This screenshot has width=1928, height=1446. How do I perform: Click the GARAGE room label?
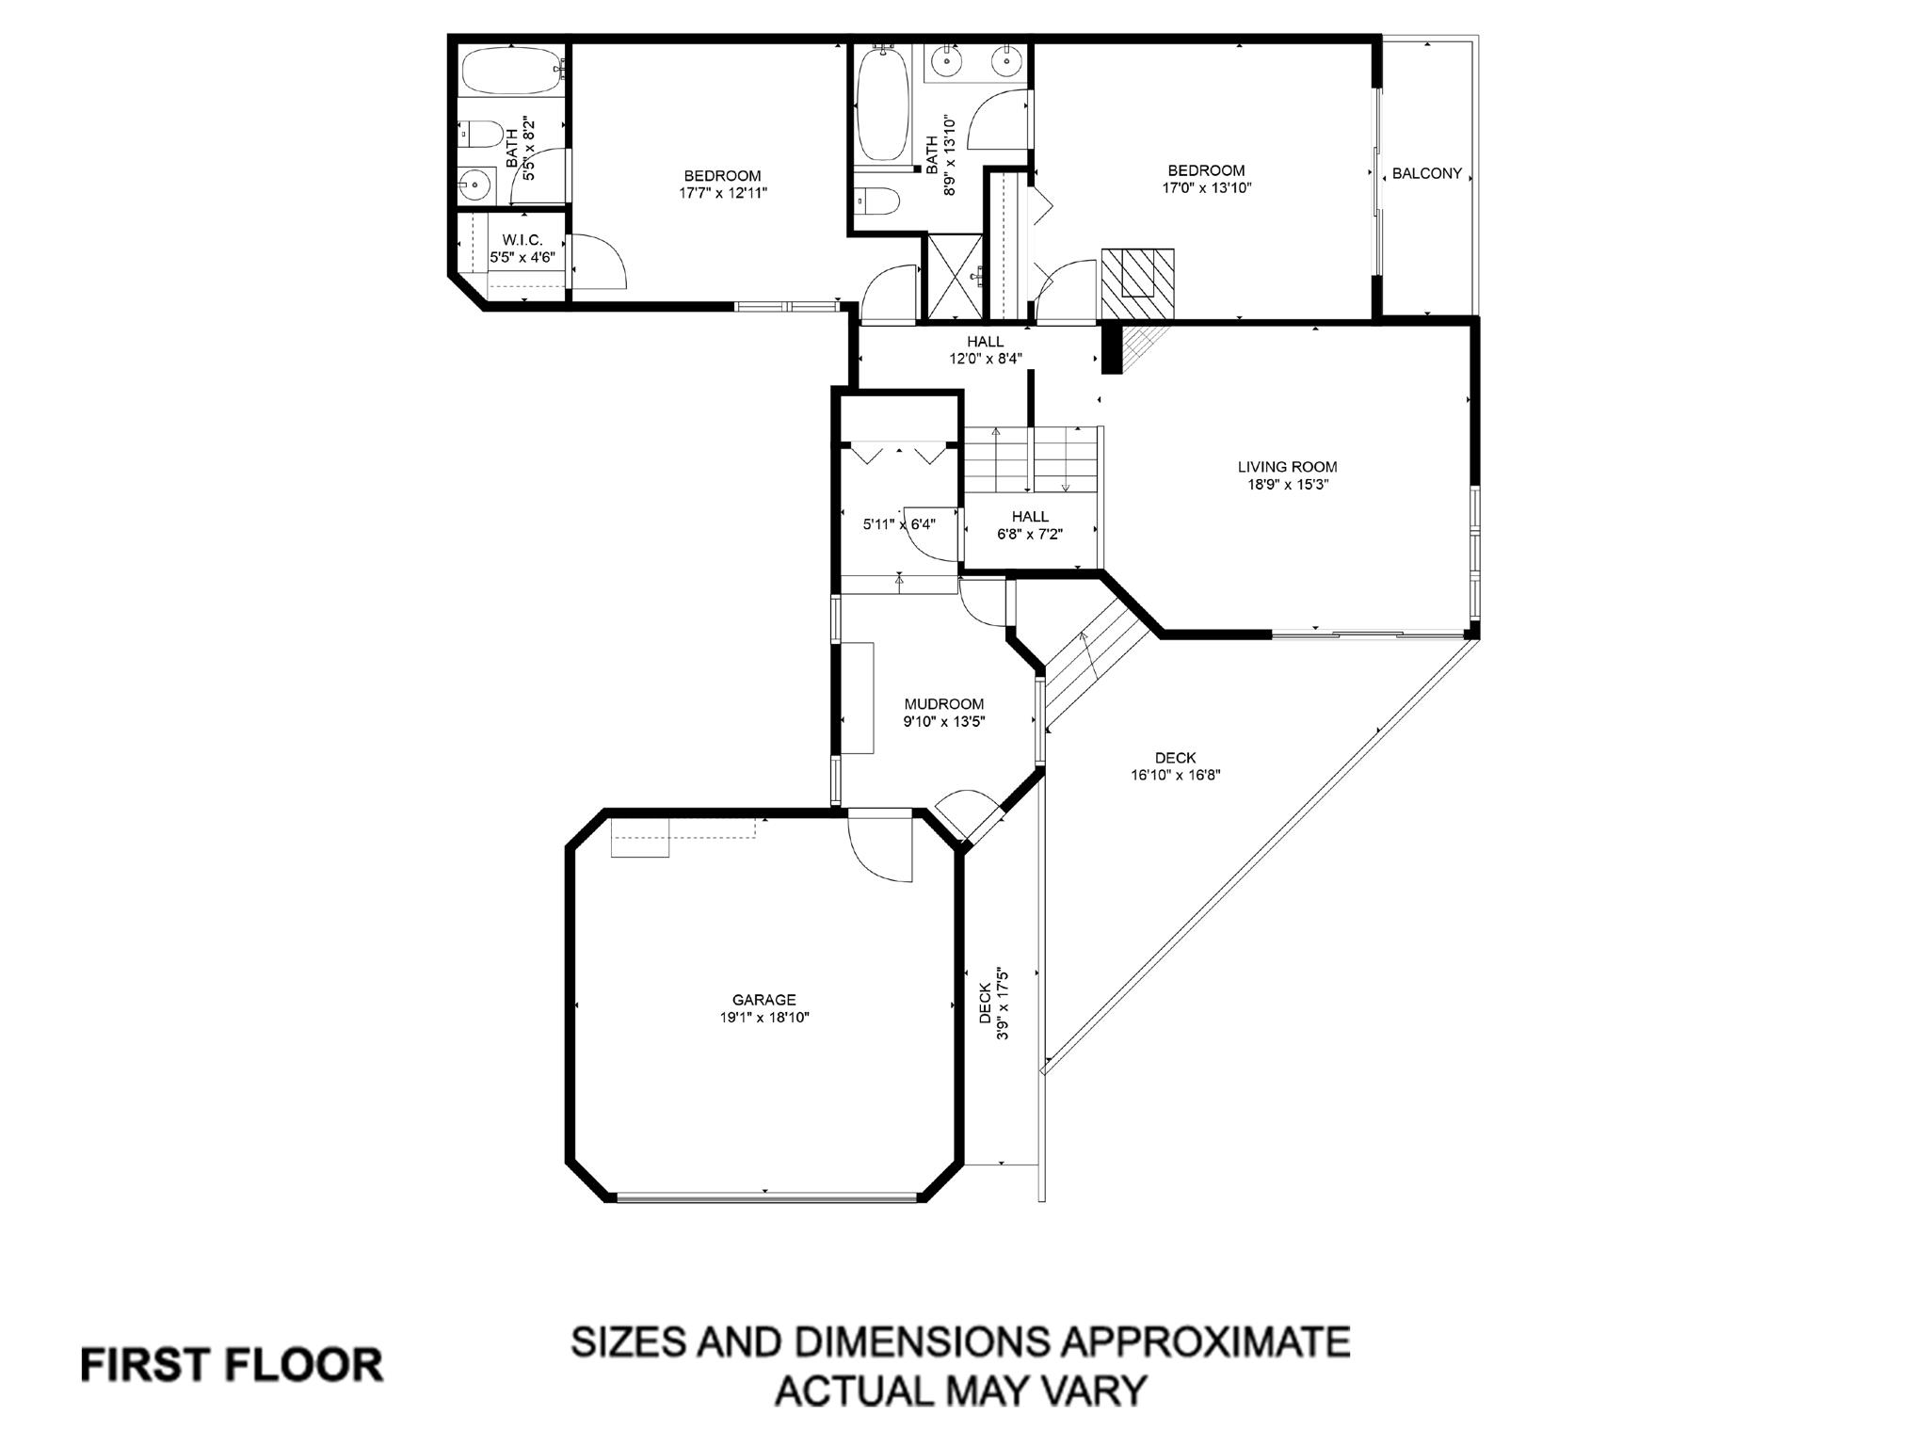[x=763, y=1000]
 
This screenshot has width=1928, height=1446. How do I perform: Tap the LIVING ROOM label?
[x=1287, y=467]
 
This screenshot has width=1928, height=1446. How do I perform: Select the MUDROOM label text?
[x=943, y=704]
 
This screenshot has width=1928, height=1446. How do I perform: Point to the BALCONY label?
[x=1426, y=173]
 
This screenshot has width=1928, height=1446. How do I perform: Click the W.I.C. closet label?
[x=522, y=240]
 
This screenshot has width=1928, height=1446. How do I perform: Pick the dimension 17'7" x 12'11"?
[x=722, y=193]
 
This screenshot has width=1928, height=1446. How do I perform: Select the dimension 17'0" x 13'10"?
[x=1206, y=187]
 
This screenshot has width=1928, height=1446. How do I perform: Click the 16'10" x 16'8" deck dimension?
[x=1175, y=776]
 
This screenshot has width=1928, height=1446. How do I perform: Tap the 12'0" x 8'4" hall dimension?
[x=985, y=358]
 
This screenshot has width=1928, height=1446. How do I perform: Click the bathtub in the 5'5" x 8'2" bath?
[x=509, y=71]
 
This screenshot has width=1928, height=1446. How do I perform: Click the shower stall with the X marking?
[x=955, y=276]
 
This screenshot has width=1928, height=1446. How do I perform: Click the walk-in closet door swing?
[x=598, y=262]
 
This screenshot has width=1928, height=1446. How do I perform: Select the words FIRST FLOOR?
[x=232, y=1365]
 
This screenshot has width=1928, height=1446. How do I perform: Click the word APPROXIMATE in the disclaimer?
[x=1204, y=1342]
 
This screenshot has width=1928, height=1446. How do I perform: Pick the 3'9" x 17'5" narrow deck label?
[x=993, y=1004]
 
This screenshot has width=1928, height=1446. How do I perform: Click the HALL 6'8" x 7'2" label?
[x=1030, y=525]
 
